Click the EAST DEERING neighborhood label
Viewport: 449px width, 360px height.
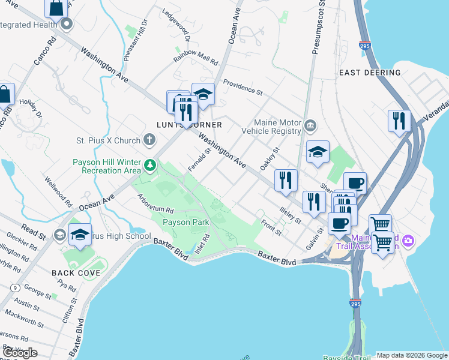[x=369, y=73]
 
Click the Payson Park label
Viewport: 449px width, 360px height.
[x=185, y=222]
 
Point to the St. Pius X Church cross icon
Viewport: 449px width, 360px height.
[x=149, y=140]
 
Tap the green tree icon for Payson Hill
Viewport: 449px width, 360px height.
[x=150, y=164]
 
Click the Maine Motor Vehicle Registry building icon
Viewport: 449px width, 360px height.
[x=310, y=126]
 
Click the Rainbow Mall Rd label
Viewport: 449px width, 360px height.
[x=196, y=58]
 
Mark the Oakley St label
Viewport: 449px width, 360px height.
[x=270, y=158]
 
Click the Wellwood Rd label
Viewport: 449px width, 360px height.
[x=59, y=189]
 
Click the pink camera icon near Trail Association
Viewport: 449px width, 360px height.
[x=408, y=241]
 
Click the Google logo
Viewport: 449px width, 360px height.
[x=20, y=352]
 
